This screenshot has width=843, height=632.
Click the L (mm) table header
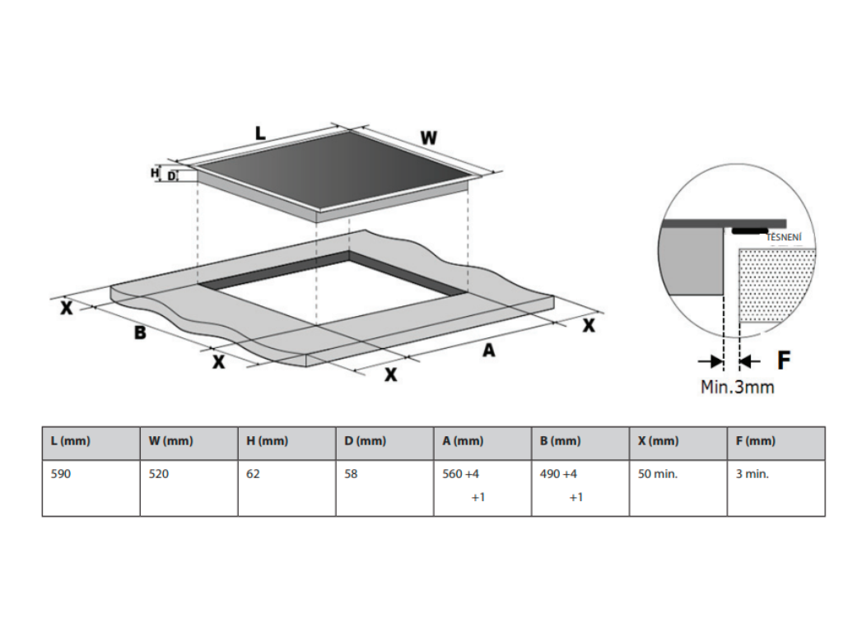tap(70, 441)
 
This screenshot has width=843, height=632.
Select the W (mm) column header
tap(170, 441)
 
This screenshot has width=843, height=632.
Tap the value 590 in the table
tap(62, 474)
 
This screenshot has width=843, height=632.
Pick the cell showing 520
tap(159, 474)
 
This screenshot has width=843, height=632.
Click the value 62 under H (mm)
tap(254, 474)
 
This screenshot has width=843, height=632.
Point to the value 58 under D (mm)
tap(352, 474)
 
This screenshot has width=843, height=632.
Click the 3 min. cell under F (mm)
tap(752, 474)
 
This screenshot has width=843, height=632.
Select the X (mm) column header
tap(659, 441)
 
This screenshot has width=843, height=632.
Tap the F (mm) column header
tap(756, 441)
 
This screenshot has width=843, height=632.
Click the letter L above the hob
tap(260, 132)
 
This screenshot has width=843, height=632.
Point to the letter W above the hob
tap(428, 137)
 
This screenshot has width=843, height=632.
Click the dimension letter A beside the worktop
tap(489, 351)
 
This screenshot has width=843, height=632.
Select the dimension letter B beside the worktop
tap(140, 333)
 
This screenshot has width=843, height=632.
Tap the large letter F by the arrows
tap(784, 360)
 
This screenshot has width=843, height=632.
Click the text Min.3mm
tap(737, 386)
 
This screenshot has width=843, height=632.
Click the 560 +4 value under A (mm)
tap(460, 474)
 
